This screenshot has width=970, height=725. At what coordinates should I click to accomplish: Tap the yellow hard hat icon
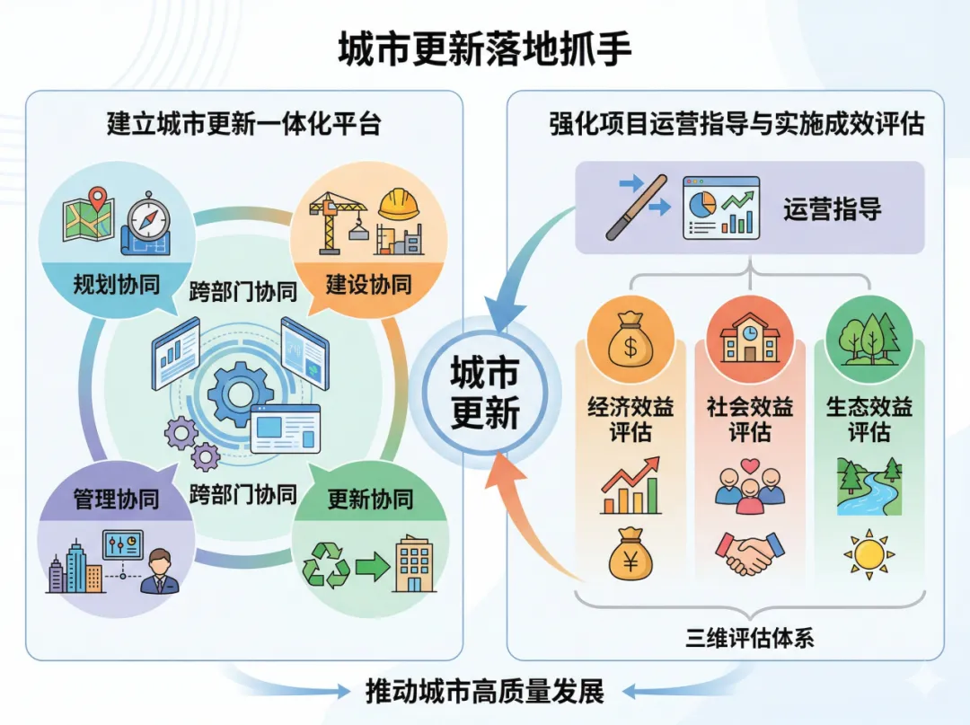point(399,205)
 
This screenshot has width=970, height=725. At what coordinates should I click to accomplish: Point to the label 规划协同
point(117,286)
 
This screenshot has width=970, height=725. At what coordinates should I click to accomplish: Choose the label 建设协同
point(368,286)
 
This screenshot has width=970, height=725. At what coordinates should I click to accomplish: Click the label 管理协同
point(116,499)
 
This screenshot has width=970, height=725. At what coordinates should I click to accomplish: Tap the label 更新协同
point(369,499)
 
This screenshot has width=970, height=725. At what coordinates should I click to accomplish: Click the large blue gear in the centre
point(241,393)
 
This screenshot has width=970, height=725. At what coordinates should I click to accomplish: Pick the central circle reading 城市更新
point(485,393)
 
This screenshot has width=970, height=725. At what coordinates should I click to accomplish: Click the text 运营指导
point(832,209)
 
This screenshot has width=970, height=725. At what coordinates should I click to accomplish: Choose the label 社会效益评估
point(750,420)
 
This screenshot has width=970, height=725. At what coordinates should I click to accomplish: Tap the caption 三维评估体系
point(750,639)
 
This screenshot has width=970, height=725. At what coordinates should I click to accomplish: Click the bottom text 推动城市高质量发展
point(485,692)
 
